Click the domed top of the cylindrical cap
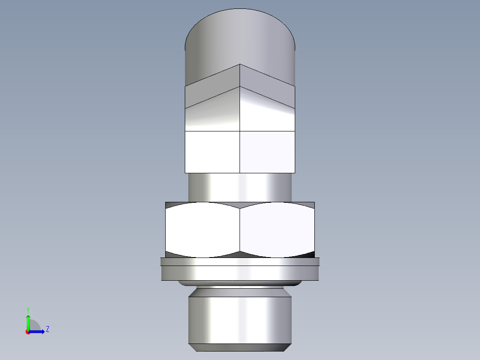pyautogui.click(x=240, y=31)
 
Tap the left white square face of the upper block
pyautogui.click(x=212, y=152)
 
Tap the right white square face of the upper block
pyautogui.click(x=267, y=152)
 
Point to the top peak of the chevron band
pyautogui.click(x=240, y=65)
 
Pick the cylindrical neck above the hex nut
pyautogui.click(x=240, y=187)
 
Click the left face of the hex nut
pyautogui.click(x=203, y=229)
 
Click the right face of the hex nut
pyautogui.click(x=277, y=229)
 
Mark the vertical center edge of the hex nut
pyautogui.click(x=240, y=229)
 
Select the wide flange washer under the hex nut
pyautogui.click(x=240, y=270)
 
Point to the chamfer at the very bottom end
pyautogui.click(x=240, y=347)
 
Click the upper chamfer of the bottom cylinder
pyautogui.click(x=240, y=292)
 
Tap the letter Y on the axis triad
pyautogui.click(x=28, y=309)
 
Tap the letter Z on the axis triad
pyautogui.click(x=47, y=329)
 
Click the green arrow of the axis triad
pyautogui.click(x=28, y=321)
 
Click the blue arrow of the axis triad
pyautogui.click(x=38, y=331)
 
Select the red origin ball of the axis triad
pyautogui.click(x=28, y=332)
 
